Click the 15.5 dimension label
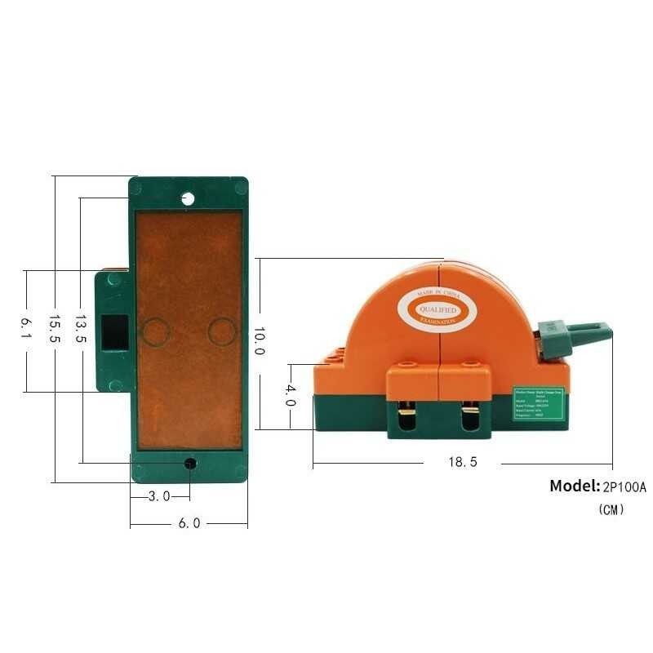[54, 328]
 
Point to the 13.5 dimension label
[81, 328]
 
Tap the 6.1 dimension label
[26, 328]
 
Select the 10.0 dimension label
[258, 340]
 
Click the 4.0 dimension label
[290, 396]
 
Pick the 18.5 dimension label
[462, 462]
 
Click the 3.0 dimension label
[159, 495]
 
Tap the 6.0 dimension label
[189, 523]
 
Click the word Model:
[575, 486]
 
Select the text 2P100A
[624, 487]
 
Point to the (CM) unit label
[611, 509]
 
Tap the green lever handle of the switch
[576, 335]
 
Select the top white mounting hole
[188, 198]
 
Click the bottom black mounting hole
[190, 464]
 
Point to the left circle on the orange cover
[155, 331]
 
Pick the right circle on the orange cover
[221, 331]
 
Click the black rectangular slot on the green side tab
[113, 332]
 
